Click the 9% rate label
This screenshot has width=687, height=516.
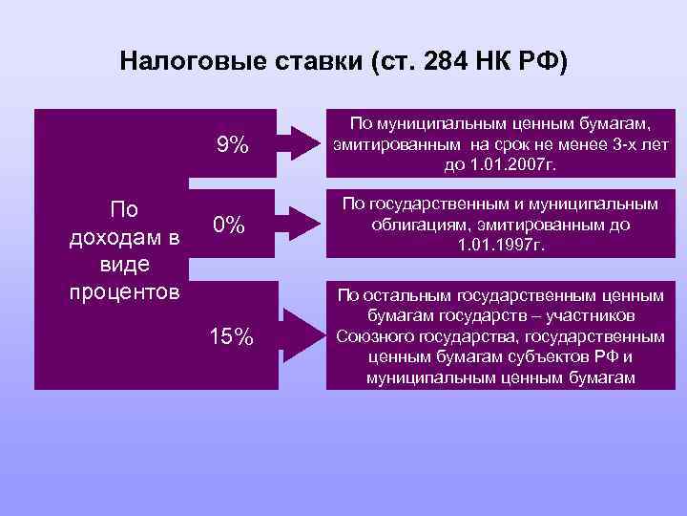(x=233, y=145)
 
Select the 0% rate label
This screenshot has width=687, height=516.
(x=229, y=226)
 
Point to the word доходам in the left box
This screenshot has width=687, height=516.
(x=106, y=236)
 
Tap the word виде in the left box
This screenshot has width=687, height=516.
(x=119, y=263)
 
